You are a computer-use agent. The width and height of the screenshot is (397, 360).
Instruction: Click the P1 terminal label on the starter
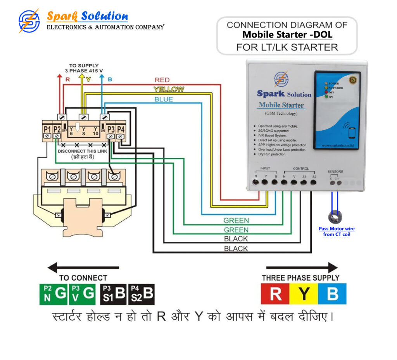47,129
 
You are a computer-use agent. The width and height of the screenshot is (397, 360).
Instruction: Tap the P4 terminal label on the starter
121,129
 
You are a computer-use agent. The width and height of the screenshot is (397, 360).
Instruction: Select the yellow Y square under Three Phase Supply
304,294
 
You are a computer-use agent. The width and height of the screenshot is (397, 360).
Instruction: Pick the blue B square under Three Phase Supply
332,294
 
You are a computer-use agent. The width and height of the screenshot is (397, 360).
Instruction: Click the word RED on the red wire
162,80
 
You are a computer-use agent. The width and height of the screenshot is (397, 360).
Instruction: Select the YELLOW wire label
169,90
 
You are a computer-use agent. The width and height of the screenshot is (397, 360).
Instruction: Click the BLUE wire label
164,100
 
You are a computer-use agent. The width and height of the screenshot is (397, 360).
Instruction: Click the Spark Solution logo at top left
29,21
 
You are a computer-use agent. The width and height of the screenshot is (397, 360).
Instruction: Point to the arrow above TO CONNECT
83,267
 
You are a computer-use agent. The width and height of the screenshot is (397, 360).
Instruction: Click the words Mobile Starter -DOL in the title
287,35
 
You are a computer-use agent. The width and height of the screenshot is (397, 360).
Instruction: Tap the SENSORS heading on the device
335,171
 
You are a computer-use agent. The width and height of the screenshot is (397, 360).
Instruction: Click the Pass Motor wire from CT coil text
337,231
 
